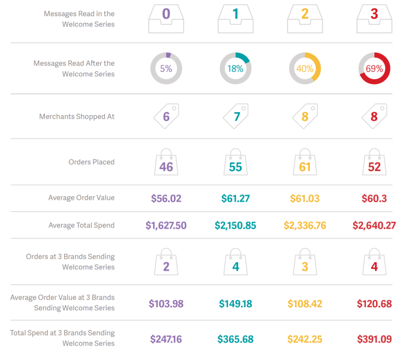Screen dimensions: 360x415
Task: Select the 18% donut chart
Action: click(235, 68)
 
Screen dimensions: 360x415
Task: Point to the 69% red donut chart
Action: click(374, 68)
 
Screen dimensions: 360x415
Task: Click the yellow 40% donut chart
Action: click(305, 68)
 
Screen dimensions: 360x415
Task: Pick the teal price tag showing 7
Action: click(236, 116)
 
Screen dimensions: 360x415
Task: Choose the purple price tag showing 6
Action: click(166, 116)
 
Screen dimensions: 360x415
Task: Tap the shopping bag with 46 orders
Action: click(166, 163)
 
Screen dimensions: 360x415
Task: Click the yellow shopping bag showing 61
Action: click(305, 163)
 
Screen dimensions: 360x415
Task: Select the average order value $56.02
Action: click(166, 198)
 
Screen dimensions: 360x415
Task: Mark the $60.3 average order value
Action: click(374, 198)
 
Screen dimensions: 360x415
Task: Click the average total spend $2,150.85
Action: click(235, 226)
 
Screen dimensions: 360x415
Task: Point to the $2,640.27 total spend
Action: click(374, 226)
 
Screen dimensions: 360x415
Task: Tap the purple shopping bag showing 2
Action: click(166, 263)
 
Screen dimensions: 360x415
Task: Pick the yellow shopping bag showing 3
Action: click(305, 263)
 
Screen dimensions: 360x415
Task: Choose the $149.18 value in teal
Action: click(235, 304)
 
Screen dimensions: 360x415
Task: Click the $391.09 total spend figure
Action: click(374, 340)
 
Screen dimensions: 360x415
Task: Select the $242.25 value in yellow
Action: click(305, 340)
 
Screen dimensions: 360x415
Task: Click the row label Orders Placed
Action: click(91, 162)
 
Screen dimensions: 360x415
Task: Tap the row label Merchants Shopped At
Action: click(77, 116)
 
